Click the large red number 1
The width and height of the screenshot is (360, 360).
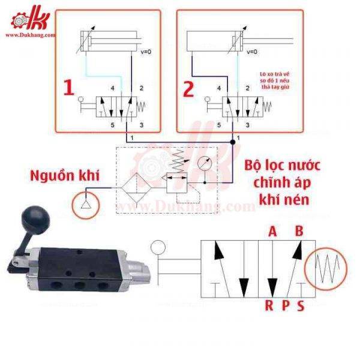point(68,89)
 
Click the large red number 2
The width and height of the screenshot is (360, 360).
point(189,89)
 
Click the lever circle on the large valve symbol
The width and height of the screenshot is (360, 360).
point(158,247)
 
